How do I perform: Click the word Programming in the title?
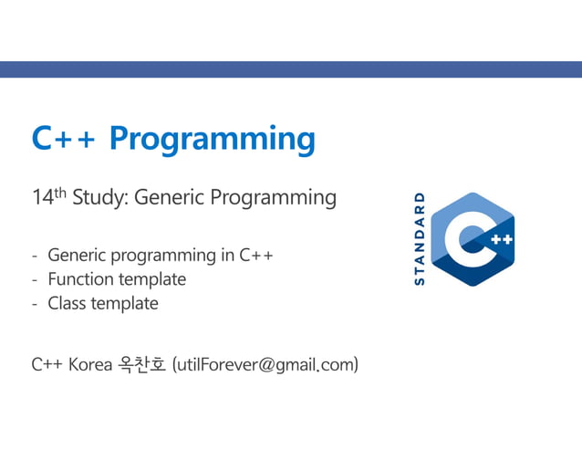(x=212, y=141)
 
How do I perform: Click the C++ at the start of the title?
(x=64, y=139)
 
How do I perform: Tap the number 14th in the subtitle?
(x=48, y=196)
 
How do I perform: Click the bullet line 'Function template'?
(x=116, y=279)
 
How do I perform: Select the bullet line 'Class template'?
(x=102, y=304)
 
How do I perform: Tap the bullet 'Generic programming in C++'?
(x=160, y=255)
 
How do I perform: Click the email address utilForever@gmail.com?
(x=265, y=365)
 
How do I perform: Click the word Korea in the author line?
(x=90, y=365)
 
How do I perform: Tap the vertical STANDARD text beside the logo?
(x=420, y=239)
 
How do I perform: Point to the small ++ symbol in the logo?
(x=501, y=240)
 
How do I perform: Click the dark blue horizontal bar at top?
(x=291, y=69)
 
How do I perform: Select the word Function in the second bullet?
(x=79, y=279)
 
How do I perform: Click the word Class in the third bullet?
(x=66, y=304)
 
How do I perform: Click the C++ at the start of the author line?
(x=47, y=365)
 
